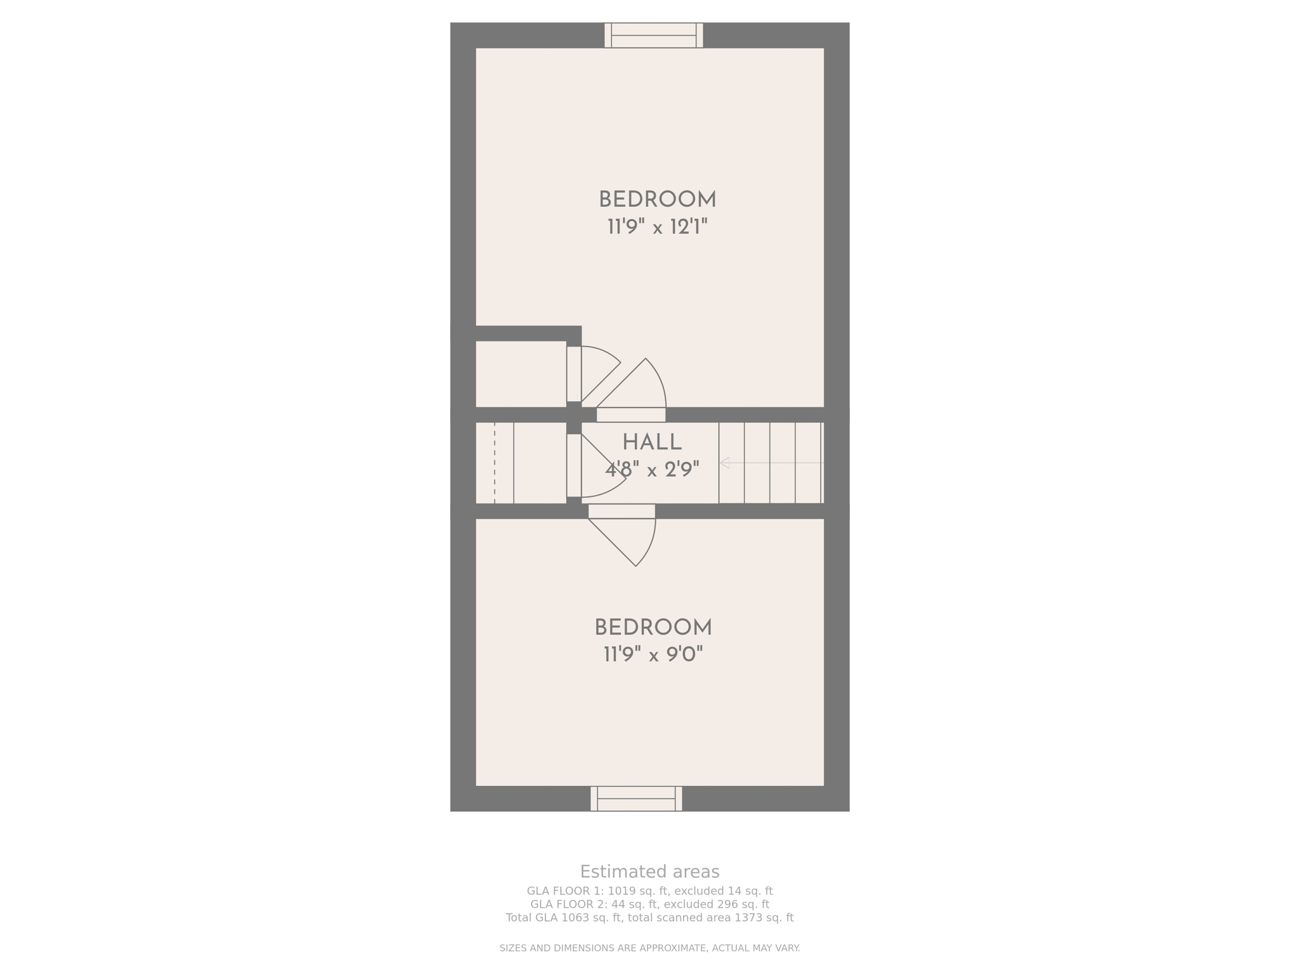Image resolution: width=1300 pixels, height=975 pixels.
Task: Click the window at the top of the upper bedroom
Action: (x=654, y=36)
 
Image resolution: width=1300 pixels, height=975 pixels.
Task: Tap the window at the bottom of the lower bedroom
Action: (x=636, y=799)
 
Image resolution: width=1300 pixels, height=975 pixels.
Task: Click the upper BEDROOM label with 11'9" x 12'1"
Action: (x=658, y=200)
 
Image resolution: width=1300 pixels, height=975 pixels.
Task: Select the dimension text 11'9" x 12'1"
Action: (x=658, y=227)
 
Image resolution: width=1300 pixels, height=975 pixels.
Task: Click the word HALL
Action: (x=652, y=442)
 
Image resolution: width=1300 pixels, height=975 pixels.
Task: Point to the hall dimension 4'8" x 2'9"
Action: (x=652, y=470)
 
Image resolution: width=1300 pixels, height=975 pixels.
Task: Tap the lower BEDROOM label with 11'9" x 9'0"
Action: (x=653, y=628)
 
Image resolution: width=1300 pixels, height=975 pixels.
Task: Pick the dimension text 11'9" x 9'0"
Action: (x=653, y=654)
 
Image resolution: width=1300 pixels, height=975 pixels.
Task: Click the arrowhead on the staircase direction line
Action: (x=724, y=463)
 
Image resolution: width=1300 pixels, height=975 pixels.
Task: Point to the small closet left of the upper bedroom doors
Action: (x=521, y=374)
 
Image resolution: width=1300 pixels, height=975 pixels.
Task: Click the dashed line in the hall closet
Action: (x=494, y=463)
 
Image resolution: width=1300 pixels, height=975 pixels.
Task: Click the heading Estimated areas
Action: (x=649, y=872)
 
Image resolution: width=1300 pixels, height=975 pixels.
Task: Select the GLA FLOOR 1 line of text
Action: (x=649, y=891)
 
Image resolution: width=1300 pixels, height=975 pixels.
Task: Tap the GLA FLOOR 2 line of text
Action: (x=649, y=905)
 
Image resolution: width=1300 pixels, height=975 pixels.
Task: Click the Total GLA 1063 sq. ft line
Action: (x=649, y=918)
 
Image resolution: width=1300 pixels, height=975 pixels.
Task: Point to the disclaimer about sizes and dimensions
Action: (x=649, y=948)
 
